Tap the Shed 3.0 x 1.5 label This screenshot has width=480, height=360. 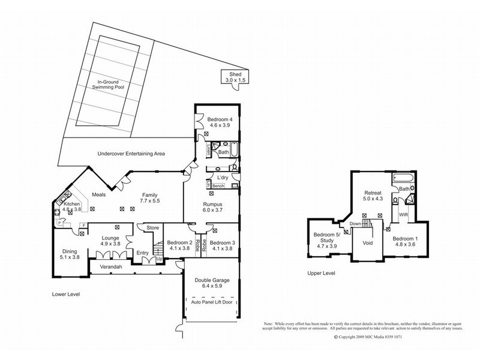(235, 76)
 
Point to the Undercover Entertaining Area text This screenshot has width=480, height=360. (131, 154)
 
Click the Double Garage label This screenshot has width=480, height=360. (212, 283)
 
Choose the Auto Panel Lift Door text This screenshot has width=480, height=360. (212, 302)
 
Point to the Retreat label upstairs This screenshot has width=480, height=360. (374, 196)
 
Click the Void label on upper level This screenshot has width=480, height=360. (368, 243)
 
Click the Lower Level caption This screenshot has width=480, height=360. (66, 295)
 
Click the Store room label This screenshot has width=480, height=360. (151, 227)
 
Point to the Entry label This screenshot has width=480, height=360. (142, 253)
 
